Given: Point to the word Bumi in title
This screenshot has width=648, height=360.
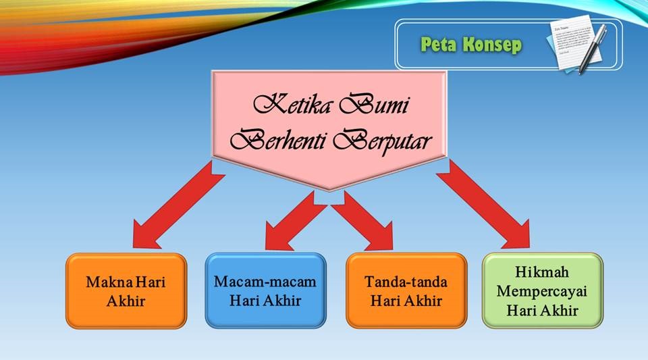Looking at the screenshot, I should [377, 106].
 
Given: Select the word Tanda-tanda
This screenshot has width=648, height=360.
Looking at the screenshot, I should [406, 282].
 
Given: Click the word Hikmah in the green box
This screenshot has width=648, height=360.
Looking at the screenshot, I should [543, 272].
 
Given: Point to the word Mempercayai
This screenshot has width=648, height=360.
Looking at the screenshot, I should [543, 292].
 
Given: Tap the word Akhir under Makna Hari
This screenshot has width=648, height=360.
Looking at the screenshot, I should [126, 301].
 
